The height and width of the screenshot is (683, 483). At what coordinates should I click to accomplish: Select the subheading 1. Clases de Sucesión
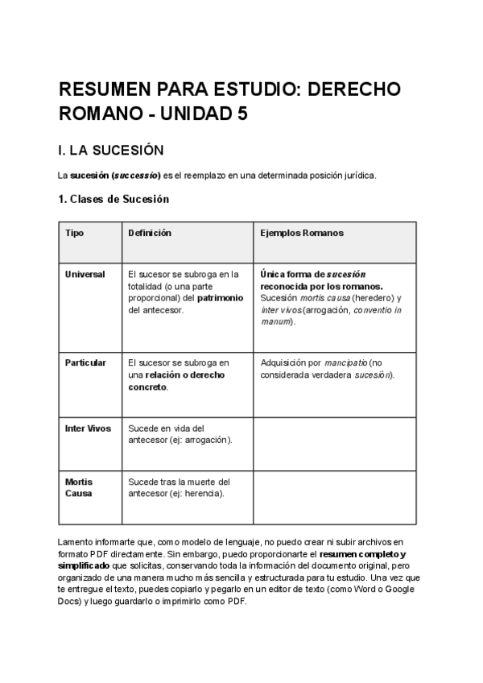click(114, 199)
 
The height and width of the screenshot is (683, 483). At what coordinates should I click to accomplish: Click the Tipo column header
click(74, 233)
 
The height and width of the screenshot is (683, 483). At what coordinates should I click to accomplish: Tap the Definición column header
click(150, 233)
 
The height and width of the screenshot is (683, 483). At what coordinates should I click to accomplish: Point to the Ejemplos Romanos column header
click(302, 233)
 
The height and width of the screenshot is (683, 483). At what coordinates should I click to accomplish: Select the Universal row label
click(85, 274)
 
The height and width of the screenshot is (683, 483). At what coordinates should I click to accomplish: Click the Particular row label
click(85, 362)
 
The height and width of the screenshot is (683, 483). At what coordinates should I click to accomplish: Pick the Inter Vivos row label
click(87, 428)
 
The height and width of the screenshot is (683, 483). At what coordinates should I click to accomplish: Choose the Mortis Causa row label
click(79, 487)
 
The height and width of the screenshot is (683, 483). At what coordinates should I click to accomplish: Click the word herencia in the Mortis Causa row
click(204, 493)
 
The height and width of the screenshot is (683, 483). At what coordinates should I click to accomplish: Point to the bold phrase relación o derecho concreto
click(176, 380)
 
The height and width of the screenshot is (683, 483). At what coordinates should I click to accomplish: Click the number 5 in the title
click(242, 114)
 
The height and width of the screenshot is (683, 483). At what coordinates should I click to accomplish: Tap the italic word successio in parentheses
click(134, 175)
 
